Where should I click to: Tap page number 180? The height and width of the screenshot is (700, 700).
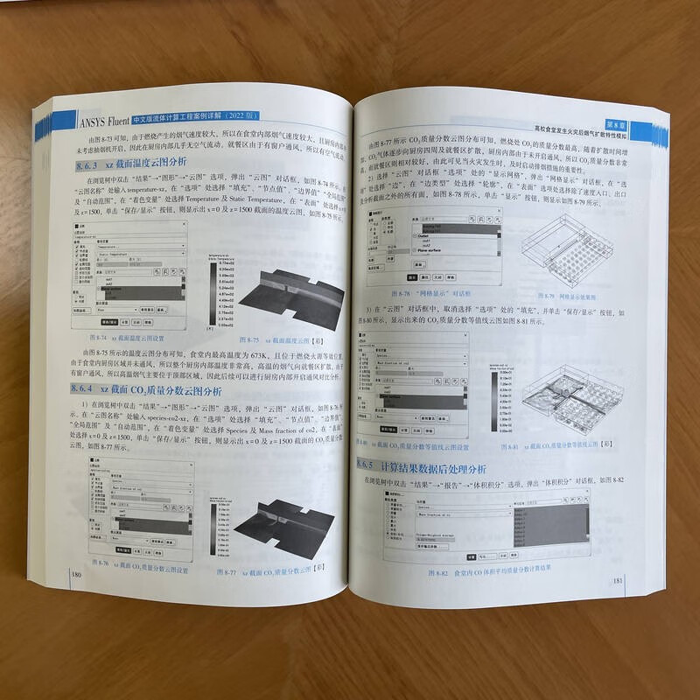click(x=78, y=574)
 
